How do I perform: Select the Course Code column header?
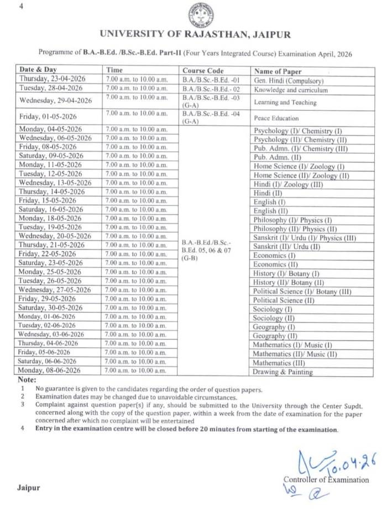click(x=203, y=71)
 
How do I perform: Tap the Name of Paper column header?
click(x=278, y=71)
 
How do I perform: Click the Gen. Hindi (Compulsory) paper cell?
click(x=288, y=81)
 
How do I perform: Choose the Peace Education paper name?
click(x=276, y=118)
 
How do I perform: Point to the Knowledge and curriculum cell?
click(x=291, y=90)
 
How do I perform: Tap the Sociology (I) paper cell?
click(x=273, y=309)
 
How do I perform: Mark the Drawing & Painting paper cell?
click(x=283, y=372)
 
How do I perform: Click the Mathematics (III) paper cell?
click(x=280, y=363)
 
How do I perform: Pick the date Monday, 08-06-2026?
click(x=50, y=370)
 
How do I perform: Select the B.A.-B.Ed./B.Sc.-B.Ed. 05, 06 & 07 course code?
click(x=203, y=250)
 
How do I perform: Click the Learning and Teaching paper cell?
click(x=285, y=102)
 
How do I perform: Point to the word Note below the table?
click(x=27, y=380)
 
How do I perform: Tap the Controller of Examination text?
click(x=326, y=479)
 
